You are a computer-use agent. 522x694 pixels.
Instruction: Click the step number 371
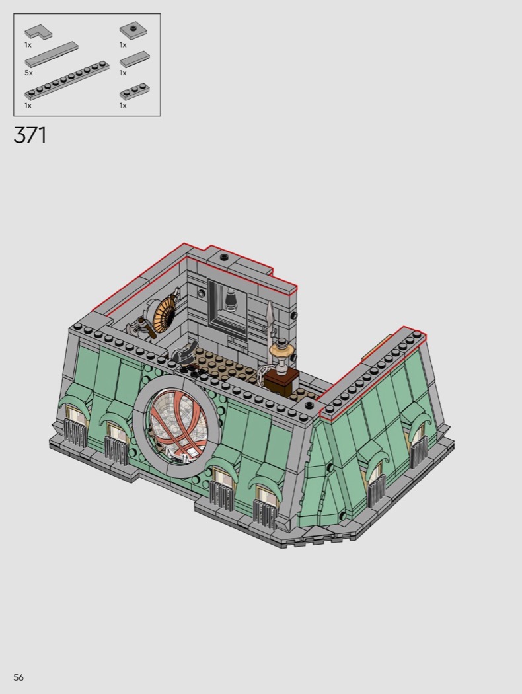[30, 135]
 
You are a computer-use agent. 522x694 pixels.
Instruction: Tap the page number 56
[18, 677]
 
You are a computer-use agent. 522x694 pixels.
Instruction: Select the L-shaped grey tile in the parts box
[38, 32]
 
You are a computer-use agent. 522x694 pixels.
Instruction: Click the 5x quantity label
[28, 73]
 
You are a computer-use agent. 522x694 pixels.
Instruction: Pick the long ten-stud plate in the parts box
[67, 80]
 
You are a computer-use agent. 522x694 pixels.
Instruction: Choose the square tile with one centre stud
[133, 31]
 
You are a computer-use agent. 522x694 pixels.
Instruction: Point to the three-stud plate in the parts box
[134, 91]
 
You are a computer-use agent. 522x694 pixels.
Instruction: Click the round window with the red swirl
[178, 425]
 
